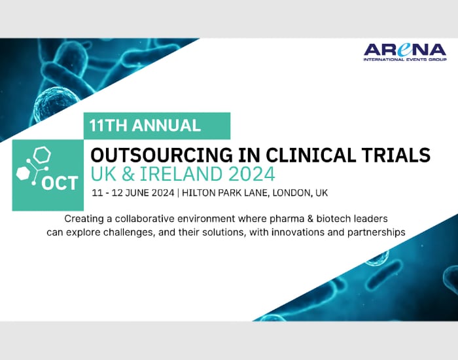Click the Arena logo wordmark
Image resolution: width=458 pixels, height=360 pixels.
[x=405, y=50]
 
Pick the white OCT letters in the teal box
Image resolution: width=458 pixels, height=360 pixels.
[x=60, y=183]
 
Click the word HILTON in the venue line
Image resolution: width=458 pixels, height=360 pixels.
[x=200, y=192]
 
